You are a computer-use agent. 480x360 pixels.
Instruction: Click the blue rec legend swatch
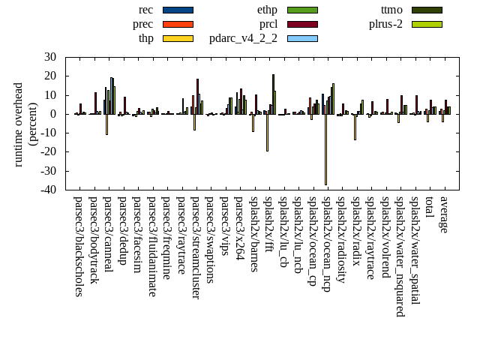coord(178,10)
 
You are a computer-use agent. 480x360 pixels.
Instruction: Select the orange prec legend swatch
coord(178,24)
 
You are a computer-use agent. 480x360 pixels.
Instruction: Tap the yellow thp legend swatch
coord(178,38)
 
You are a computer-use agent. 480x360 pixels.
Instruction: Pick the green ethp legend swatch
coord(302,10)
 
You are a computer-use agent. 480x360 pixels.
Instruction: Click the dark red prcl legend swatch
coord(302,24)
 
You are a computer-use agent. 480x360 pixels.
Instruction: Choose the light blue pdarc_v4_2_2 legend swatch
coord(302,38)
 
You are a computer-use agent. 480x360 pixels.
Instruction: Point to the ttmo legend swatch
coord(426,10)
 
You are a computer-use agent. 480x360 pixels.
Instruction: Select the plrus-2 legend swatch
coord(426,24)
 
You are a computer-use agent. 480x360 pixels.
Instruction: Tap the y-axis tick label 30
coord(51,57)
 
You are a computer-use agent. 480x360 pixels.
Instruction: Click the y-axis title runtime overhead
coord(19,124)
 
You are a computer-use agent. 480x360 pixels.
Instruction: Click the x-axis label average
coord(443,214)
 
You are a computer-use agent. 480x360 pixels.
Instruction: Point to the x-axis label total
coord(429,208)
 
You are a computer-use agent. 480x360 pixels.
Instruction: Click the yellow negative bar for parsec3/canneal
coord(106,124)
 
